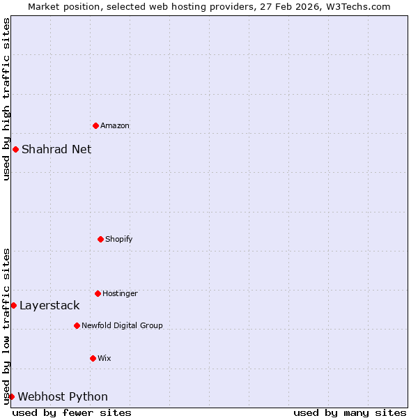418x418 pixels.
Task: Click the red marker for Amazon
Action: (95, 125)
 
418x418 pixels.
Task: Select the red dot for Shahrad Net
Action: (15, 149)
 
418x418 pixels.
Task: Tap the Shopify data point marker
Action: (100, 239)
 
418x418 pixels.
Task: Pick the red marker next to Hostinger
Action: (98, 293)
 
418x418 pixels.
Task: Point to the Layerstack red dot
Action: (13, 305)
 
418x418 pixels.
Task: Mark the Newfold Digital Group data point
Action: (77, 325)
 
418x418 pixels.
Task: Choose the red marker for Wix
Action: (93, 358)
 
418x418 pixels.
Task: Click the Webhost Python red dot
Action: (11, 396)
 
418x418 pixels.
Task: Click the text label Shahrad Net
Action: (56, 149)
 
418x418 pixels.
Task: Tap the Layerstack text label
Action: (49, 305)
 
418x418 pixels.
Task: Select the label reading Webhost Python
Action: (63, 397)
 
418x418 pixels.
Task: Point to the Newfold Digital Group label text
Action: (122, 325)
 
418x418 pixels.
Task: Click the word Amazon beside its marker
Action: (115, 125)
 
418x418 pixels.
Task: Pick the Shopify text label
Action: (119, 239)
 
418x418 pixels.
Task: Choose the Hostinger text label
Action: (120, 293)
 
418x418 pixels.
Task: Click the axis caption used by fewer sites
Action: (72, 412)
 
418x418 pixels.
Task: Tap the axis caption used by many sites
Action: (350, 412)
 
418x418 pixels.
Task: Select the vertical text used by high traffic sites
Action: (6, 99)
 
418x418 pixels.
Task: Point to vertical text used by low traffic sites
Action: (6, 325)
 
